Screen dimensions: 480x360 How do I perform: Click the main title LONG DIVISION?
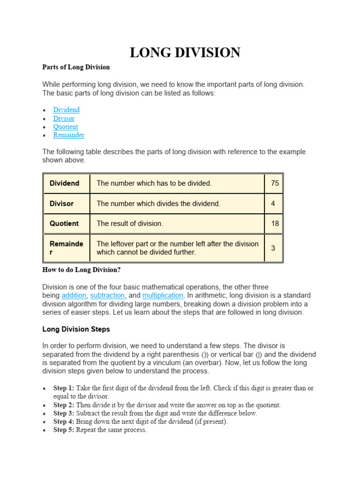185,52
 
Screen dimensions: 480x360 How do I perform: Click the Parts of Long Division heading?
76,67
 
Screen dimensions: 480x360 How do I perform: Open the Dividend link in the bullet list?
66,110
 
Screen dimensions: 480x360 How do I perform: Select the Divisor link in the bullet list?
64,118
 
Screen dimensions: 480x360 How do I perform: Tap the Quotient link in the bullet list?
66,127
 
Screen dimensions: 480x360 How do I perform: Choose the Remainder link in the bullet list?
68,135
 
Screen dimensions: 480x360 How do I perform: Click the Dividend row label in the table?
64,183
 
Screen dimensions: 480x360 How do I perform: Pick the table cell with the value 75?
275,183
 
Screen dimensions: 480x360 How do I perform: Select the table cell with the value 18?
275,224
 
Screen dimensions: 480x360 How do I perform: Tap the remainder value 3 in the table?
273,248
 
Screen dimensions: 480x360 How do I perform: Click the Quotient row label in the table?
64,224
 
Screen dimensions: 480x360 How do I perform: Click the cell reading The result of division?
130,224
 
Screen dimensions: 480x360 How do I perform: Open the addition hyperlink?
74,295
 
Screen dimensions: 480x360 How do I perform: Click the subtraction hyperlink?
107,295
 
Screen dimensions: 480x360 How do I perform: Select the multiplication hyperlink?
163,295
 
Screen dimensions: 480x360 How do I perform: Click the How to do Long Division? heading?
82,270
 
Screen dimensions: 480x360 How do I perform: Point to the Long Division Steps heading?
76,329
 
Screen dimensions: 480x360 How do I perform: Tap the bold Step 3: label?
64,413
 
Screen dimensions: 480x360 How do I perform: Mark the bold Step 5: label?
64,430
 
